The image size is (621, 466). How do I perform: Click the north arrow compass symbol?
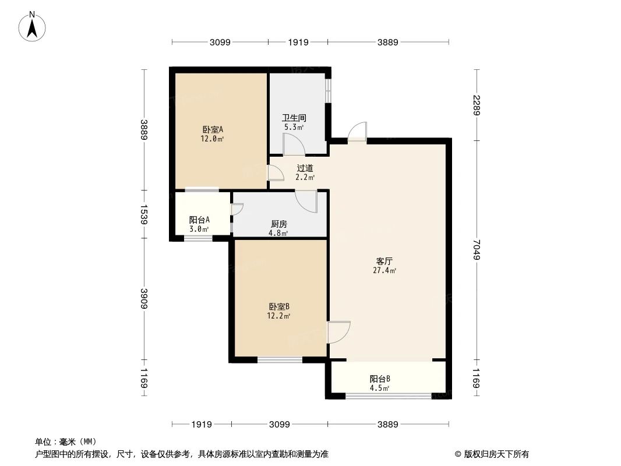point(33,26)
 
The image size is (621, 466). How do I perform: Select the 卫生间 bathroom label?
point(294,118)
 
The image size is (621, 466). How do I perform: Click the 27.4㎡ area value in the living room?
point(384,270)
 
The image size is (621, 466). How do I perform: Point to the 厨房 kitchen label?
point(279,224)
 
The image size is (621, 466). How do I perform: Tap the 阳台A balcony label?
point(199,220)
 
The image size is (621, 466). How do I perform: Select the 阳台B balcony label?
point(380,379)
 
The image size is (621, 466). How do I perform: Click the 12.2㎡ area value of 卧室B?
point(279,316)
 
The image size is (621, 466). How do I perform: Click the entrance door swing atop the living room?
point(357,132)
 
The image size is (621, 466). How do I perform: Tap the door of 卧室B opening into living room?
point(338,331)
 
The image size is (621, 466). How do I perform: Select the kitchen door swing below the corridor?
point(306,200)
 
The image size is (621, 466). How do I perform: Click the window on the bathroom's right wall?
point(328,90)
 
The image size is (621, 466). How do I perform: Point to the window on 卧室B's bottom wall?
point(280,360)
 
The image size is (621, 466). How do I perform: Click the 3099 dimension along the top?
point(220,42)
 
